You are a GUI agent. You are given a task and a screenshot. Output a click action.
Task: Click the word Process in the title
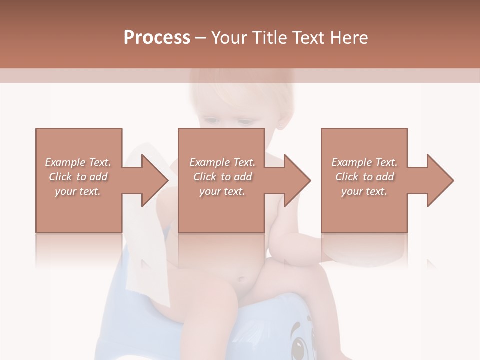coord(157,38)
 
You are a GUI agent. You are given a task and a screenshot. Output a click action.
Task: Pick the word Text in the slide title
coord(308,38)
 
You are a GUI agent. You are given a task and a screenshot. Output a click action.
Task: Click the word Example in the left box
coord(64,162)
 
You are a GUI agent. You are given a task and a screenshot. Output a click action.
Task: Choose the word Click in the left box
coord(60,177)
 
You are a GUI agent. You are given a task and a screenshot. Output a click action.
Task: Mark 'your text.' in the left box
coord(78,191)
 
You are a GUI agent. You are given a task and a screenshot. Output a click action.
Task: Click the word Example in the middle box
coord(209,162)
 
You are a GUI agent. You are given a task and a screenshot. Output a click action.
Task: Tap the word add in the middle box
coord(243,177)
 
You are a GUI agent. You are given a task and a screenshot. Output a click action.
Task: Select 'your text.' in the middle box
coord(222,191)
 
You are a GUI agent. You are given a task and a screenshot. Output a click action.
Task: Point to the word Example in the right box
coord(351,162)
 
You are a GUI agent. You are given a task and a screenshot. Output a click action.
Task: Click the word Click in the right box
coord(347,177)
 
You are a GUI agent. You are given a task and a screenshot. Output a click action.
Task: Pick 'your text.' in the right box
coord(364,191)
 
